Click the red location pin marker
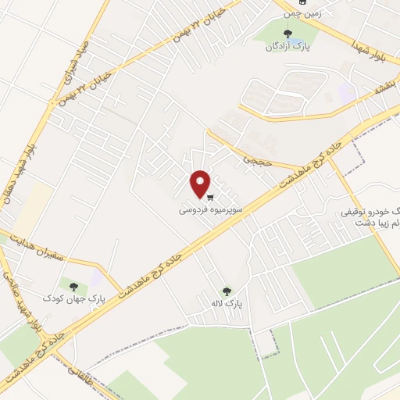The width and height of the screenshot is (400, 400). tap(201, 184)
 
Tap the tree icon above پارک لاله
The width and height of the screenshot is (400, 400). tap(227, 291)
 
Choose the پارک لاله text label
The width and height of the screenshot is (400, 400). tap(227, 303)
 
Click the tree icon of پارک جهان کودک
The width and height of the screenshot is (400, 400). tap(74, 287)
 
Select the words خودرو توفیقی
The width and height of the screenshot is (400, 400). tap(370, 212)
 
